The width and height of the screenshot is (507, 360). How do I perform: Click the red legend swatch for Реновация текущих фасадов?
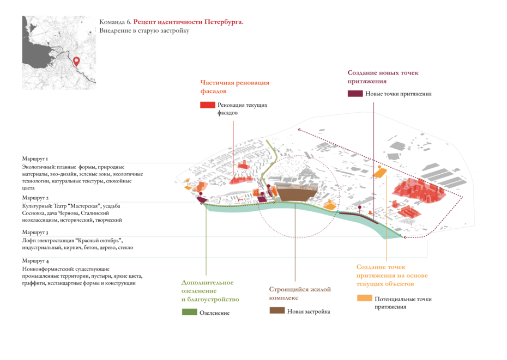(207, 105)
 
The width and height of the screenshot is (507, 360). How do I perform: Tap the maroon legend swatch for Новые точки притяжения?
(355, 94)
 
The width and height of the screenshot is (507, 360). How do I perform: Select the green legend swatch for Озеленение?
(189, 312)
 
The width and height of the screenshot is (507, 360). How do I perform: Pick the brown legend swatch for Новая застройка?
(277, 310)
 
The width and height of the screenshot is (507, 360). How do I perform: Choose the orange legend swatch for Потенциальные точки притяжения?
(365, 298)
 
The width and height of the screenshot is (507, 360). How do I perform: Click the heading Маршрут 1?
(35, 158)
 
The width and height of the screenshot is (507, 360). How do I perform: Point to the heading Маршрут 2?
(35, 198)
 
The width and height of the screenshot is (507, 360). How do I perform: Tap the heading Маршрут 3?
(35, 233)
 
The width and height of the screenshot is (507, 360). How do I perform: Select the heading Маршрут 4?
(35, 261)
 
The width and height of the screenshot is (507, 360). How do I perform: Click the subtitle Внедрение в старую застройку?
(144, 31)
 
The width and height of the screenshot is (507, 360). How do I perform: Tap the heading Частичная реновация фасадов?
(234, 87)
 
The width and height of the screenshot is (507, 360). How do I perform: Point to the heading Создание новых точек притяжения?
(383, 77)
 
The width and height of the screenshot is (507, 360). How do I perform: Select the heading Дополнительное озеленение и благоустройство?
(210, 290)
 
